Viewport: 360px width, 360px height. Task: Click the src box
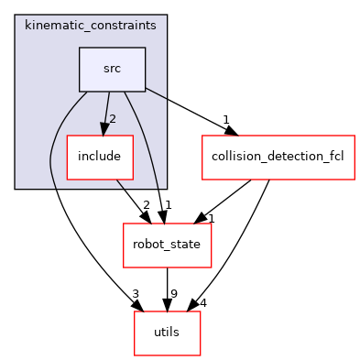(112, 70)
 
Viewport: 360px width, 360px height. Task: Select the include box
(99, 157)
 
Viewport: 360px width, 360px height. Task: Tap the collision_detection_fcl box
(278, 157)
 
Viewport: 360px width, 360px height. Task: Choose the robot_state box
(168, 245)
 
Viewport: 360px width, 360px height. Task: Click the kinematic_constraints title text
(91, 26)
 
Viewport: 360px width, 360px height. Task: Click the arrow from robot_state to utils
(168, 289)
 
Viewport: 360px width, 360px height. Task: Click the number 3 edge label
(135, 294)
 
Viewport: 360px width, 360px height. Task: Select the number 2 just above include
(113, 119)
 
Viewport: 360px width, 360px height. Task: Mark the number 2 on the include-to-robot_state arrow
(146, 205)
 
